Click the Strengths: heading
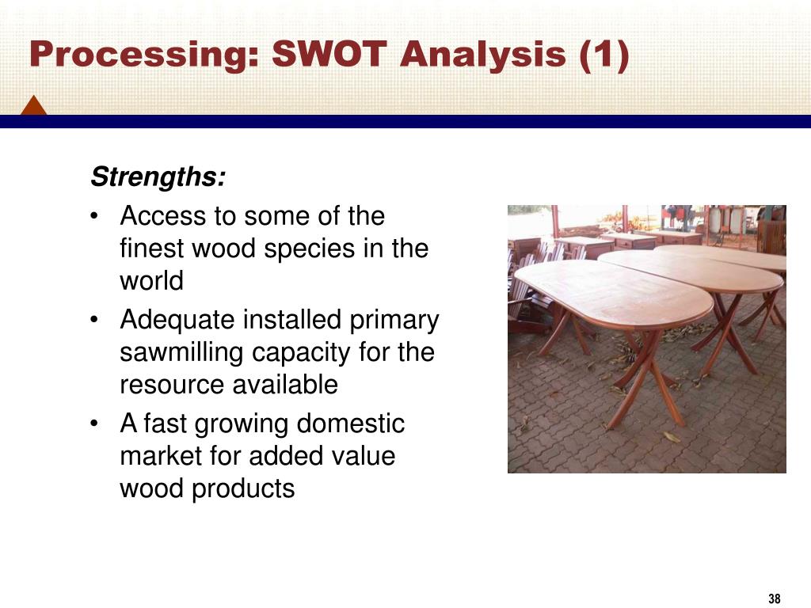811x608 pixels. pos(158,177)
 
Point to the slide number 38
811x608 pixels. pos(774,598)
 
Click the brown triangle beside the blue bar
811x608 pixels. pos(33,105)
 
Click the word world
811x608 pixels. pos(151,281)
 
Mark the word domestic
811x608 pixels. pos(350,424)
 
